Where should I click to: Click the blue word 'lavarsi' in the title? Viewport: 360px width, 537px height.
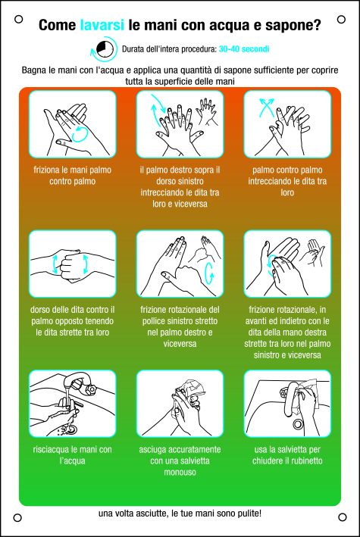[x=102, y=25]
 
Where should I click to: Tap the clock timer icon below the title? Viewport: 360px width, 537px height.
[x=104, y=49]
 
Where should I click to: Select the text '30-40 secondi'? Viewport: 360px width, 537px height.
[x=244, y=49]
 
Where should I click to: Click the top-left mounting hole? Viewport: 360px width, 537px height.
[x=18, y=19]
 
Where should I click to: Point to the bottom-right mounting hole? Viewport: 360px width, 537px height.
[x=342, y=517]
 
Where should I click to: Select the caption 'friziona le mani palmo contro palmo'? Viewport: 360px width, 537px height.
[x=72, y=176]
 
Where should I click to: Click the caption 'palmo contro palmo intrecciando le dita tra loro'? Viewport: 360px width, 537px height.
[x=287, y=181]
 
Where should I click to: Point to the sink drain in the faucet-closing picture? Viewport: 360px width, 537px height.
[x=298, y=424]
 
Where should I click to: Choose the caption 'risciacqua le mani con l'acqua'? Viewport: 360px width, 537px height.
[x=72, y=454]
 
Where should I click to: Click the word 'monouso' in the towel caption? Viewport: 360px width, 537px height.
[x=180, y=472]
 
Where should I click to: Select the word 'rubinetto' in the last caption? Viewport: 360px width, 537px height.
[x=305, y=461]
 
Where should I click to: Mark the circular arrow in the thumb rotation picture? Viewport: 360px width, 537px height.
[x=209, y=273]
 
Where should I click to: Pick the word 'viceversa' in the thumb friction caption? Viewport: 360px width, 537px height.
[x=180, y=344]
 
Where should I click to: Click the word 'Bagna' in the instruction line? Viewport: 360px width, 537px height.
[x=34, y=70]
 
